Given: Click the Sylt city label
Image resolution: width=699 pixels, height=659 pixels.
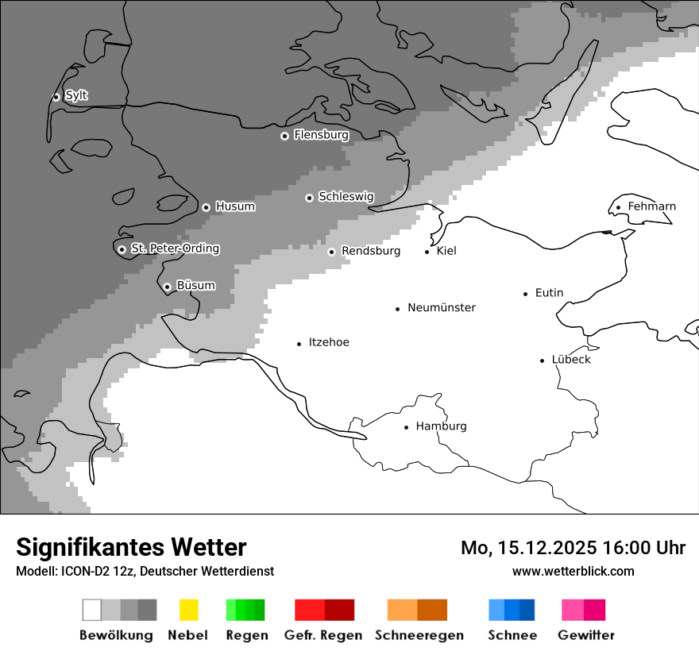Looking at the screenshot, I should click(x=76, y=95).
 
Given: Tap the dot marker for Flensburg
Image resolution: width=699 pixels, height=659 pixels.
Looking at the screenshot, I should click(x=284, y=136).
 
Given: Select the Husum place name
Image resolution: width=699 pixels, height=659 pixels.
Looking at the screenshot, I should click(x=235, y=206).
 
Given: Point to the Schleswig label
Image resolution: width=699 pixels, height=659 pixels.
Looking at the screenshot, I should click(x=346, y=196).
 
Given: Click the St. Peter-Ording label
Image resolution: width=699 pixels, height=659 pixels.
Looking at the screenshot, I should click(x=175, y=249).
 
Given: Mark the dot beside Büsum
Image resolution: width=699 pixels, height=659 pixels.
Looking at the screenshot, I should click(x=167, y=287).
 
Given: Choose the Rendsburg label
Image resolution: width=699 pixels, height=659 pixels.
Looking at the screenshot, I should click(x=370, y=251).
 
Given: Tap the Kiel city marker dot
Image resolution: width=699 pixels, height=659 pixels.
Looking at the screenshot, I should click(x=427, y=252).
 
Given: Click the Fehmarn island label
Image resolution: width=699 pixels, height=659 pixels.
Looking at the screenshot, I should click(x=651, y=206).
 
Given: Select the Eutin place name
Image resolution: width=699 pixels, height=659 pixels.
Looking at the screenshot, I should click(x=549, y=293).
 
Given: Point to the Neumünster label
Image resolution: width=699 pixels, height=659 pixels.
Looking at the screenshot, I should click(x=442, y=307).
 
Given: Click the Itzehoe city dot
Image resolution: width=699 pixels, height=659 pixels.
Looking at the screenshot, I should click(x=299, y=344).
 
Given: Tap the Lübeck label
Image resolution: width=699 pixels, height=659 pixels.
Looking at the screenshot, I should click(x=571, y=360).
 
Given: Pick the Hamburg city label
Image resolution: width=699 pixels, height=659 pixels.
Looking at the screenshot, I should click(x=441, y=426).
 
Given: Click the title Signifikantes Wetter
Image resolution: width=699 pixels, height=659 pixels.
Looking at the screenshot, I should click(x=131, y=547).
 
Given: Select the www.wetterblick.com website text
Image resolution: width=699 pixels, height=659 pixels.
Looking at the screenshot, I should click(x=573, y=571).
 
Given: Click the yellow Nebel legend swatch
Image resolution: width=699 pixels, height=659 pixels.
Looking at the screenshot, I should click(x=188, y=610).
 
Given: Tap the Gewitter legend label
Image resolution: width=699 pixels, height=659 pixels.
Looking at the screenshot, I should click(x=585, y=635).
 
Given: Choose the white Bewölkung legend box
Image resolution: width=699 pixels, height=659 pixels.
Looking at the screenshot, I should click(x=92, y=610).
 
